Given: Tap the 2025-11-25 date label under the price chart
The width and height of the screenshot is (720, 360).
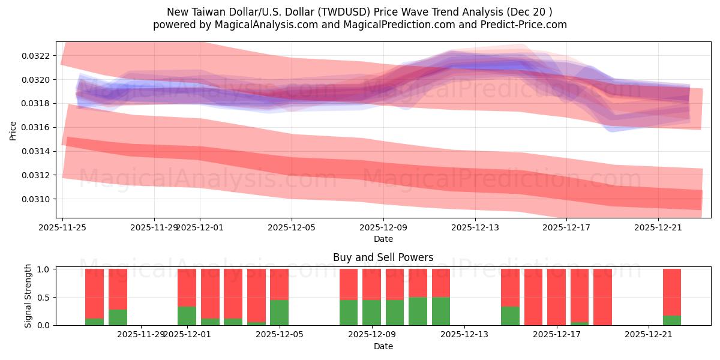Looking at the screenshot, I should click(x=62, y=227).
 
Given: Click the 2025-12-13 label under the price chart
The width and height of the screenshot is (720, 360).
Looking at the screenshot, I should click(x=475, y=227).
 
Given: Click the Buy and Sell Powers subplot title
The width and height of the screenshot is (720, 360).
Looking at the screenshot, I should click(x=383, y=257).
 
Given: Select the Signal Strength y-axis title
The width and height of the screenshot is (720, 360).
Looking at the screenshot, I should click(x=28, y=297).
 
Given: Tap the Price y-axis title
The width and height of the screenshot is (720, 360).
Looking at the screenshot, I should click(x=13, y=130).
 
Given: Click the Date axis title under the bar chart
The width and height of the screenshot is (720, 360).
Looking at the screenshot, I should click(x=383, y=346).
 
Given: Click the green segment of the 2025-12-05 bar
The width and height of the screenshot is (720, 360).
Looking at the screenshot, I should click(x=279, y=313).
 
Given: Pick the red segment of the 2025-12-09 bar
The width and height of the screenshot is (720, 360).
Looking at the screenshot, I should click(x=371, y=284).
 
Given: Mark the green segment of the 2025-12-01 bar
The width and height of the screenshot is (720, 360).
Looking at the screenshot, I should click(x=187, y=316).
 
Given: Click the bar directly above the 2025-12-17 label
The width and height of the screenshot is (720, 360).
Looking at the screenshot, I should click(x=556, y=297).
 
